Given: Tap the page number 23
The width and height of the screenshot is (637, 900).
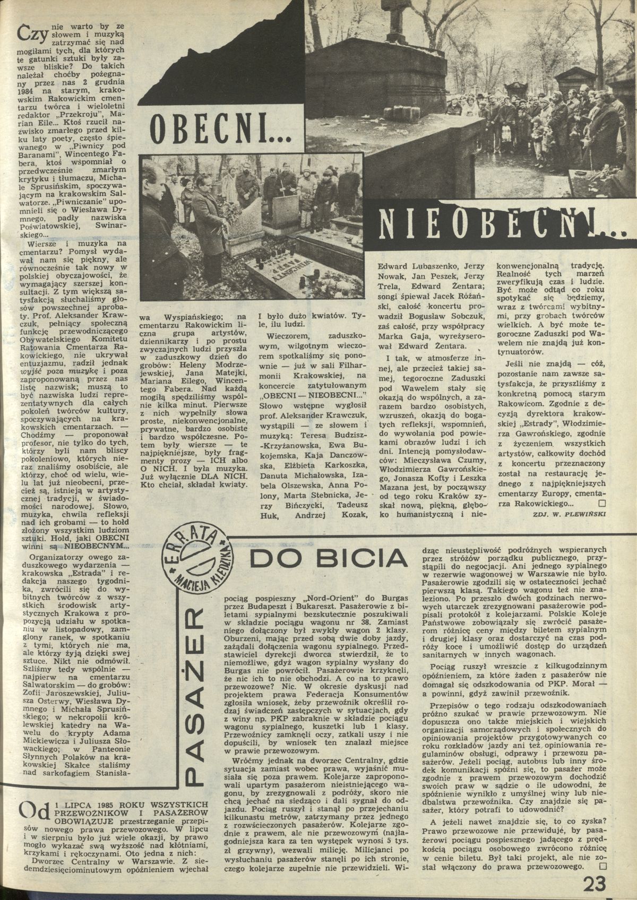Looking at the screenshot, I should click(597, 883).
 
